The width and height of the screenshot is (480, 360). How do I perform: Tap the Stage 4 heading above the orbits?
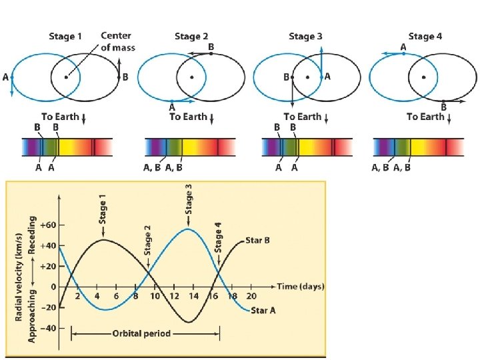coord(424,37)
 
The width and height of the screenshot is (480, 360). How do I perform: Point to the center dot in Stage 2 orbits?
coord(192,77)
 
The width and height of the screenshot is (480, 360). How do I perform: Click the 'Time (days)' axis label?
coord(300,287)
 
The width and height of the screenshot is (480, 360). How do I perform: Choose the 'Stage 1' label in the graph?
coord(103,212)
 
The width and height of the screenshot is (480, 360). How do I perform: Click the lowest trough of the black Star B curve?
coord(191,322)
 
